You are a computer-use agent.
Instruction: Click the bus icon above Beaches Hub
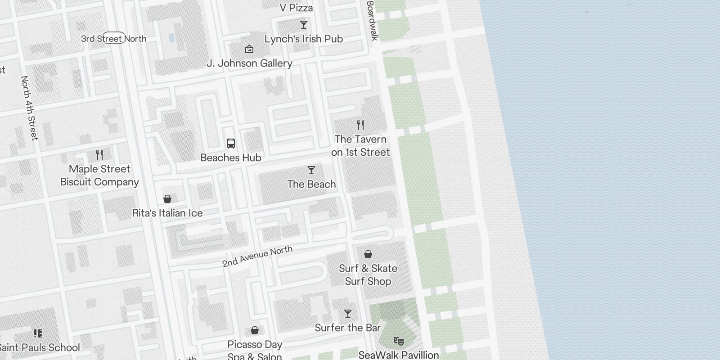click(x=231, y=144)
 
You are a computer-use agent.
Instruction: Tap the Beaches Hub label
click(x=231, y=158)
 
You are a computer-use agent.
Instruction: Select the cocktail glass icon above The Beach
click(x=311, y=170)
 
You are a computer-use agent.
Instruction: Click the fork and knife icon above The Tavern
click(x=360, y=125)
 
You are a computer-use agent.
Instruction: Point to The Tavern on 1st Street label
click(x=360, y=146)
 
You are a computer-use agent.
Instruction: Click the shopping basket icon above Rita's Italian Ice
click(x=167, y=199)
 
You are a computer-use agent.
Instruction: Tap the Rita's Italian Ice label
click(x=167, y=213)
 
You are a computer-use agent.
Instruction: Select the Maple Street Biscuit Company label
click(x=99, y=175)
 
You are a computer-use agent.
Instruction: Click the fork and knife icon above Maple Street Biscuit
click(x=99, y=155)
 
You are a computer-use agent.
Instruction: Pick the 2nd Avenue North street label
click(x=257, y=256)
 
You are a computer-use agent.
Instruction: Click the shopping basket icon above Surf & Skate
click(x=368, y=254)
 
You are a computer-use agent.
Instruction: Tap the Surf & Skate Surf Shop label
click(x=368, y=275)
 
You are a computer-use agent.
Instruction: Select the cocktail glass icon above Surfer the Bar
click(x=348, y=313)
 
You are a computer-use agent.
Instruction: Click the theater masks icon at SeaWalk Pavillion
click(x=399, y=341)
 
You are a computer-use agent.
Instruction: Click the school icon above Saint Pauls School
click(x=38, y=333)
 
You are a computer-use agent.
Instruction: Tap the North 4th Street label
click(x=29, y=108)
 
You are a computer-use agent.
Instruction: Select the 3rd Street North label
click(x=114, y=39)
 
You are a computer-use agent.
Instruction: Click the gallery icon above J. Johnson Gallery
click(x=249, y=49)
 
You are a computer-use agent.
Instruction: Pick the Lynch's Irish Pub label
click(x=304, y=39)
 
